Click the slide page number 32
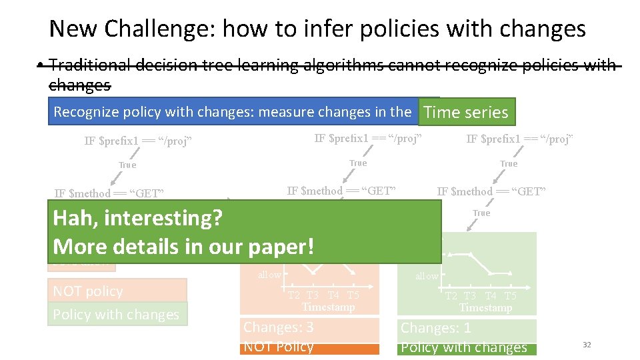[587, 345]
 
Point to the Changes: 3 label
[279, 327]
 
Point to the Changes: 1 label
[435, 328]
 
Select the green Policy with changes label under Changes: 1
[464, 347]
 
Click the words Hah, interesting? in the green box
[137, 218]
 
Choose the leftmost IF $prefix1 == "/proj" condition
[138, 141]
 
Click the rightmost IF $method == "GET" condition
[491, 192]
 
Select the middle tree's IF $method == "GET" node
[341, 191]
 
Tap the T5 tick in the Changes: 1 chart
[510, 296]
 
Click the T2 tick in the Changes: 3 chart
[293, 295]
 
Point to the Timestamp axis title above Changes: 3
[327, 307]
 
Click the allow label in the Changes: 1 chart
[427, 276]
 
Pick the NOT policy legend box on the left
[117, 291]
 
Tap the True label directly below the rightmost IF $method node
[481, 213]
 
